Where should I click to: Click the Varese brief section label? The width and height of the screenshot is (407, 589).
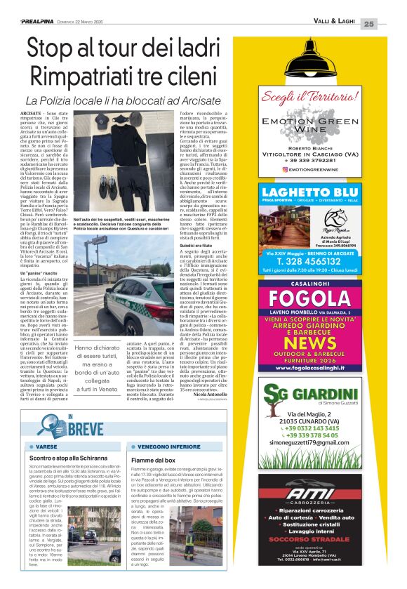coord(46,446)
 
